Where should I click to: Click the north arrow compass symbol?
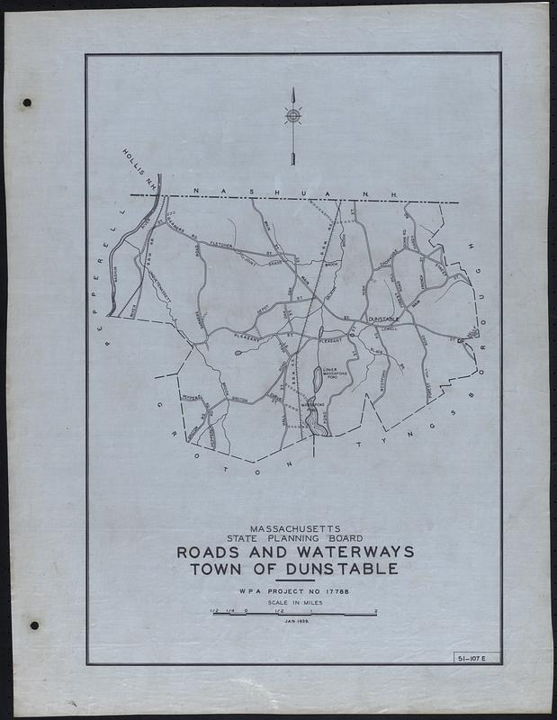click(292, 116)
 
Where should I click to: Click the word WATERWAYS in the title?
click(363, 551)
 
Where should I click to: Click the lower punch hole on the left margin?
click(33, 625)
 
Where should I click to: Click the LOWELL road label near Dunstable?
click(387, 328)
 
